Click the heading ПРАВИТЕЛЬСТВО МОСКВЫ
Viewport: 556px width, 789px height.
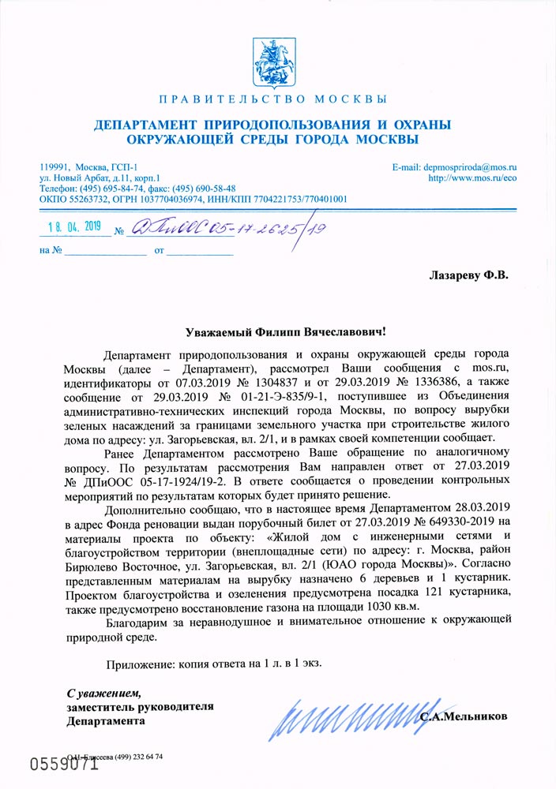pyautogui.click(x=272, y=99)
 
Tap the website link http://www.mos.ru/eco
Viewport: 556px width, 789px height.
pyautogui.click(x=471, y=178)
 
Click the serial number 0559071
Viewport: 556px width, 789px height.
pyautogui.click(x=64, y=765)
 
